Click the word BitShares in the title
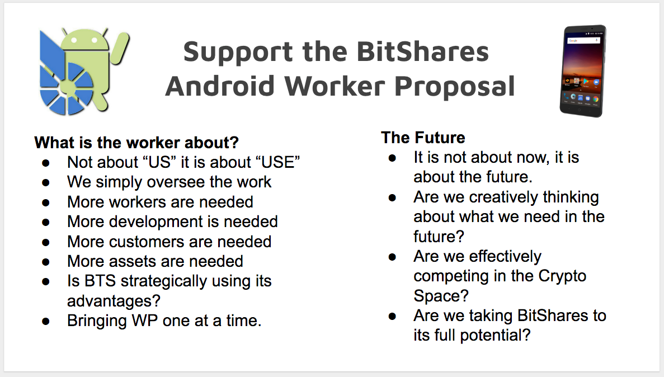[x=423, y=51]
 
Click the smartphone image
[x=583, y=70]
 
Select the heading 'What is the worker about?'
[x=136, y=143]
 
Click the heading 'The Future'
[x=423, y=138]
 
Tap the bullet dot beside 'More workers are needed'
[x=46, y=203]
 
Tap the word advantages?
[x=114, y=301]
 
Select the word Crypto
[x=562, y=277]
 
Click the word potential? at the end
[x=496, y=336]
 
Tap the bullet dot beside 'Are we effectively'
[x=392, y=257]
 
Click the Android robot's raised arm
[x=120, y=48]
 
